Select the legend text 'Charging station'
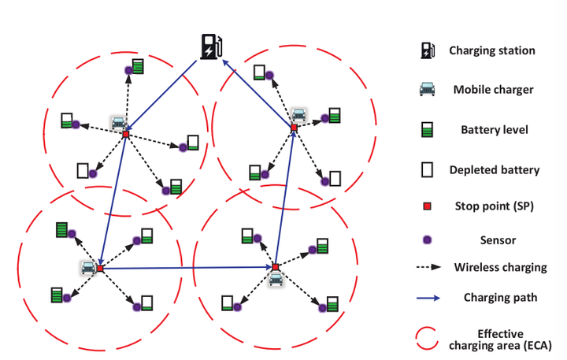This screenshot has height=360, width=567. point(492,50)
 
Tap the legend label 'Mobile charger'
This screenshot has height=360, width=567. point(493,90)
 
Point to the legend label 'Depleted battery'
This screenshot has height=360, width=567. point(494,169)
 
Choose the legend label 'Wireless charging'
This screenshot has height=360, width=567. point(500,267)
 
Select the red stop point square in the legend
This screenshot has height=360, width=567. point(427,206)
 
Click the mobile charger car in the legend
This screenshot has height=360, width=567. point(427,90)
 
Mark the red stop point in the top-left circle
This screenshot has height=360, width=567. point(125,134)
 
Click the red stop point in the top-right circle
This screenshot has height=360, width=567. point(294,127)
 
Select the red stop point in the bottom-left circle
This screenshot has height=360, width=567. point(99,269)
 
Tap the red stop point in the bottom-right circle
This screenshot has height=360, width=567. point(276,267)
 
